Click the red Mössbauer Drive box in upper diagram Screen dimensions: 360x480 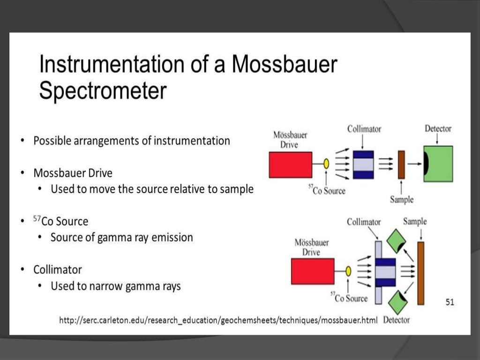[x=290, y=165]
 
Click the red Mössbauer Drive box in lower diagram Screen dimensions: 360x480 [x=312, y=271]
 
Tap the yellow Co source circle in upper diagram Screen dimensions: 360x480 [x=326, y=164]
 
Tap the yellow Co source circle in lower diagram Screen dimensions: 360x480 [x=348, y=271]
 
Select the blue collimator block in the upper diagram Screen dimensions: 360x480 [x=363, y=165]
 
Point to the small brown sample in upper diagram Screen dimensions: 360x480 [x=401, y=165]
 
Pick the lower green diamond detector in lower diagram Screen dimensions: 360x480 [x=396, y=302]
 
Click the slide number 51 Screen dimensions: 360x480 [x=450, y=302]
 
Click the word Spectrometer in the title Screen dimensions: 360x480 [x=103, y=91]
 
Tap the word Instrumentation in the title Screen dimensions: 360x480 [x=110, y=64]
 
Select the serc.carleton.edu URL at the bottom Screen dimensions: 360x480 [x=218, y=321]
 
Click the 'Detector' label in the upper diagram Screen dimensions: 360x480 [x=438, y=128]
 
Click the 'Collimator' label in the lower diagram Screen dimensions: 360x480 [x=364, y=222]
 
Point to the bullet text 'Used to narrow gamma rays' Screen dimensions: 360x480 [x=115, y=286]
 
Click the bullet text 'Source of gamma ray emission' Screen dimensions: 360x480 [x=121, y=237]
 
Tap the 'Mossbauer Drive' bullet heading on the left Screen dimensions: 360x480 [x=73, y=173]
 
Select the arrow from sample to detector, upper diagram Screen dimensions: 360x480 [x=414, y=164]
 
